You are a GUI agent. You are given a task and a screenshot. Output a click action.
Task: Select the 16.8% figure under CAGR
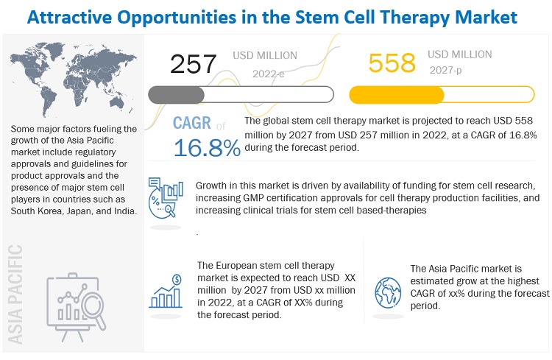(x=207, y=148)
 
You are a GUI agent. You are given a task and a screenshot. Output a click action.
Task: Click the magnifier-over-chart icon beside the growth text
(x=164, y=194)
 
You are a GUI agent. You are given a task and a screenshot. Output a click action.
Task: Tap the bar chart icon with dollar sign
(x=166, y=290)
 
